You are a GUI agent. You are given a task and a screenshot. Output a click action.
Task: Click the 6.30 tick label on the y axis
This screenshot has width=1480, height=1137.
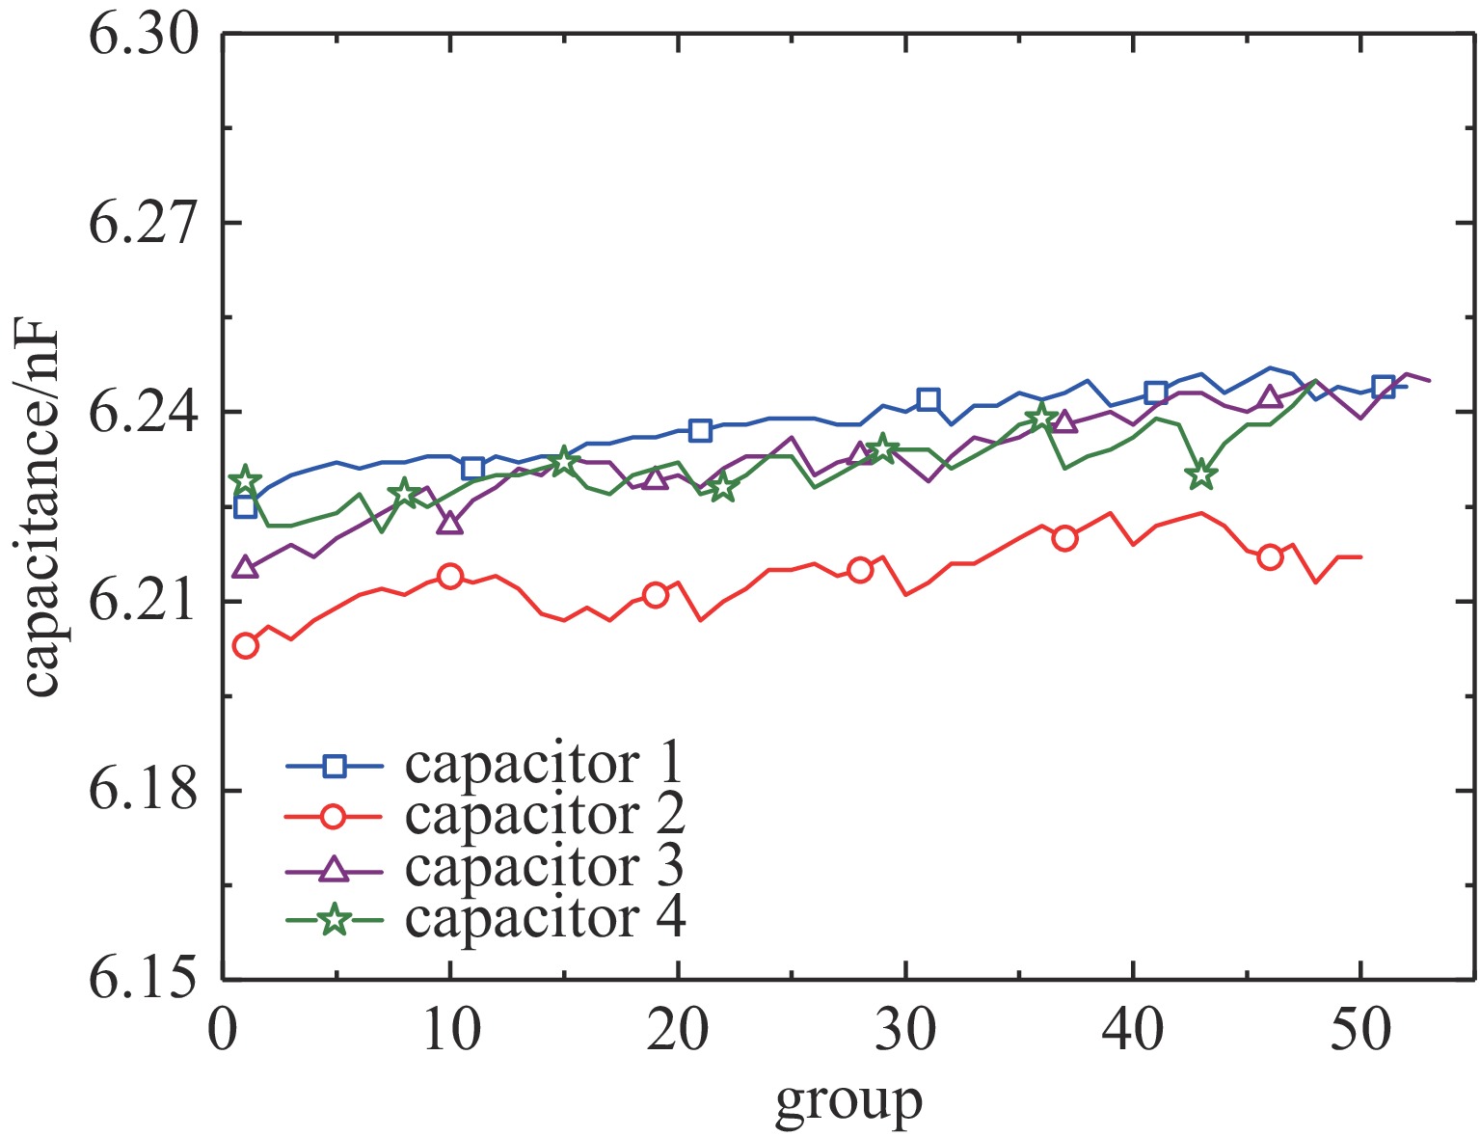142,36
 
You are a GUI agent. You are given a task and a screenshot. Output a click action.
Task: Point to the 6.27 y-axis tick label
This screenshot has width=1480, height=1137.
142,224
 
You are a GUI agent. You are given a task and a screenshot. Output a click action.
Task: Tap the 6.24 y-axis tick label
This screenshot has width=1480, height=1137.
142,413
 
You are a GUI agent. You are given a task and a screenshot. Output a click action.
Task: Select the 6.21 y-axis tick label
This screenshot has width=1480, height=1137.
142,602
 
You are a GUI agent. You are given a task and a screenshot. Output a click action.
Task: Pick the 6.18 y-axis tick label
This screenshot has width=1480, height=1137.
142,791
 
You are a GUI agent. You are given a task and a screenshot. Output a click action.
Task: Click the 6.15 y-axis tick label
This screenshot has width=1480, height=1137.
142,980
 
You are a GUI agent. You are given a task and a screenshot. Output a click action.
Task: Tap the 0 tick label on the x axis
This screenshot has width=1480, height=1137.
224,1031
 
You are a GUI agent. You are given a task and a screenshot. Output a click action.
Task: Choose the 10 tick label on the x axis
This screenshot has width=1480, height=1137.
450,1031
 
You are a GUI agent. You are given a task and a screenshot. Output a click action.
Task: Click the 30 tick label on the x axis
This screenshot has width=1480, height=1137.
906,1031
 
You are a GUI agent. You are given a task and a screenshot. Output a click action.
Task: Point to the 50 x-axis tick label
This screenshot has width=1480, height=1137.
1360,1031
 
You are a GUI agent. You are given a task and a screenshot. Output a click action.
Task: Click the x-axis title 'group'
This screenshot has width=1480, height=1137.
848,1102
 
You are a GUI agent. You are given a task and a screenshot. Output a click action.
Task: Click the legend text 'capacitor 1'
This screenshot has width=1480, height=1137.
544,764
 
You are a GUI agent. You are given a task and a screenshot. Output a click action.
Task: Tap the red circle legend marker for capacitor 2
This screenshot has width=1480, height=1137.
334,817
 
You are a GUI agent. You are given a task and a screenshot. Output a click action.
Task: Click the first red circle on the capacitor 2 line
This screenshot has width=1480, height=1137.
246,646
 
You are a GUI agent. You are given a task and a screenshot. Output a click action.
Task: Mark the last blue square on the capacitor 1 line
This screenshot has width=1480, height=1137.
1384,387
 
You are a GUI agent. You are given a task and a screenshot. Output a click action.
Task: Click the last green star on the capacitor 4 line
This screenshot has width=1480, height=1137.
1201,474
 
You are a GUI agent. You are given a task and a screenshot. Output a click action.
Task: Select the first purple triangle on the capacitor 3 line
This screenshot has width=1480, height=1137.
246,567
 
